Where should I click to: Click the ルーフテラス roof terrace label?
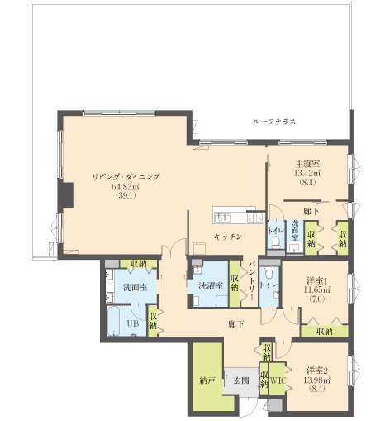click(x=274, y=122)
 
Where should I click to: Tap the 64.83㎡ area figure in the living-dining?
click(x=126, y=187)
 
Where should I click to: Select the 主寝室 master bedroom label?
click(x=307, y=165)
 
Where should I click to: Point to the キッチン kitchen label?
click(x=228, y=237)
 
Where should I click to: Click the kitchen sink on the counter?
click(x=224, y=218)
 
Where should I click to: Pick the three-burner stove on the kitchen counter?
click(x=255, y=218)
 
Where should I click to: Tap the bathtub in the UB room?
click(x=113, y=320)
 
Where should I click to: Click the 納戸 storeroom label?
click(x=207, y=380)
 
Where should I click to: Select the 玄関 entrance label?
click(x=241, y=380)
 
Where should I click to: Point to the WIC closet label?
click(x=278, y=380)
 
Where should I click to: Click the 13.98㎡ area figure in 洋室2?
click(x=316, y=380)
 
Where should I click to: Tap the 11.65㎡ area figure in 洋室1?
click(x=316, y=289)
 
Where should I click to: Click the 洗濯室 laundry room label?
click(x=211, y=286)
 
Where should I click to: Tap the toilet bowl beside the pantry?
click(x=269, y=272)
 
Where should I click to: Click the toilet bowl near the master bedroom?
click(x=276, y=242)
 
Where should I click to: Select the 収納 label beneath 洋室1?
click(x=325, y=331)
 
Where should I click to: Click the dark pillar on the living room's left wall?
click(x=66, y=194)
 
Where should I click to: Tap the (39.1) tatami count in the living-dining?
click(x=126, y=195)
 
